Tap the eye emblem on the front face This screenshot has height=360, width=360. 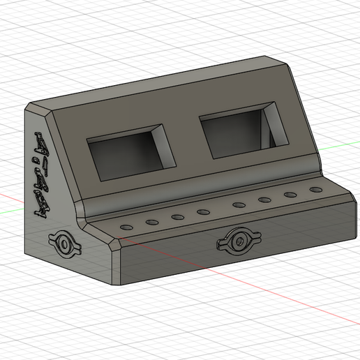(x=235, y=241)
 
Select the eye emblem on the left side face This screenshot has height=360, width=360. (x=66, y=245)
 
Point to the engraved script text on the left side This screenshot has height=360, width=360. (x=42, y=174)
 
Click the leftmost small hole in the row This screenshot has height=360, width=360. (x=126, y=227)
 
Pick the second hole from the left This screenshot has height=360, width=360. (x=151, y=223)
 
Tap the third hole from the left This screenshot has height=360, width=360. (x=177, y=217)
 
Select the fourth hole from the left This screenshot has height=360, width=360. (x=203, y=211)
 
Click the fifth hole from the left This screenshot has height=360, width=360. (x=239, y=205)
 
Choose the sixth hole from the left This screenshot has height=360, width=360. (x=264, y=201)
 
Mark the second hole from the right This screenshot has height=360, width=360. (x=290, y=195)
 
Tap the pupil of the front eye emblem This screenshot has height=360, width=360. (x=235, y=242)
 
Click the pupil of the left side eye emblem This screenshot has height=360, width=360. (x=66, y=246)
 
